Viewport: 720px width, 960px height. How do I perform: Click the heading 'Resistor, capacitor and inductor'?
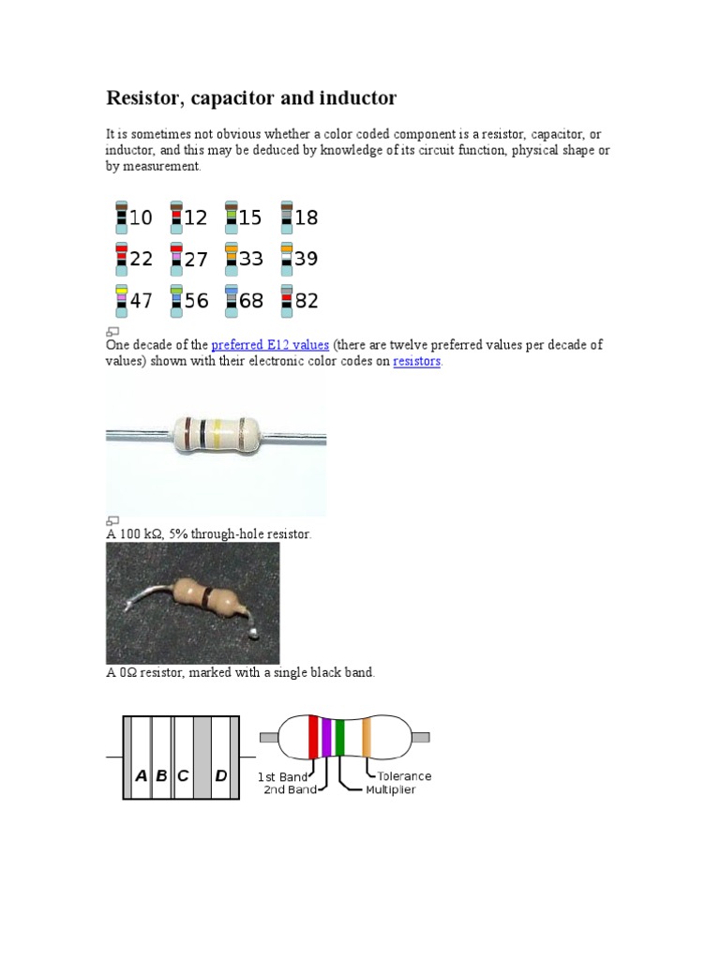point(251,97)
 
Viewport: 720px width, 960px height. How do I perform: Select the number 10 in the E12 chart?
point(140,217)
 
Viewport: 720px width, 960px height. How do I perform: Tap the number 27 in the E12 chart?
point(195,260)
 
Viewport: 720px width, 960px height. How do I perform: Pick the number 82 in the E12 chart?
point(306,301)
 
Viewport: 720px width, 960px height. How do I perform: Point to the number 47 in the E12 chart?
point(140,301)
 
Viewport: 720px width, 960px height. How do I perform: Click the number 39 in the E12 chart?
point(306,259)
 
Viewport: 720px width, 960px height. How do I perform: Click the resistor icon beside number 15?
point(231,217)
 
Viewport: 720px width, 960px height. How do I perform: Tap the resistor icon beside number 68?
point(231,300)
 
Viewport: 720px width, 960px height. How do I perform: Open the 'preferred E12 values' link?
point(270,345)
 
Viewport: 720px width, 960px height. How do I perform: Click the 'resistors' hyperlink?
point(416,361)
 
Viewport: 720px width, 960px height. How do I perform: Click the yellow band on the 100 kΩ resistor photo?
point(218,432)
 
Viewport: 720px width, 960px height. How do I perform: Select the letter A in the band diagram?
point(142,775)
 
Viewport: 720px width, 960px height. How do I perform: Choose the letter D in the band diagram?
point(221,775)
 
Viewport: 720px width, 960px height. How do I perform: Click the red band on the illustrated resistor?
point(313,737)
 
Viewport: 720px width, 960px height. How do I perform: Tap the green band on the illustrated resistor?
point(339,737)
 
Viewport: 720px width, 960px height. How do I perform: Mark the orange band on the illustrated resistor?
point(367,737)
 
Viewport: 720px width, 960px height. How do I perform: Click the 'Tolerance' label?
point(404,776)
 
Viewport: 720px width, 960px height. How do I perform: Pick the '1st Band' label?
point(283,777)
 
